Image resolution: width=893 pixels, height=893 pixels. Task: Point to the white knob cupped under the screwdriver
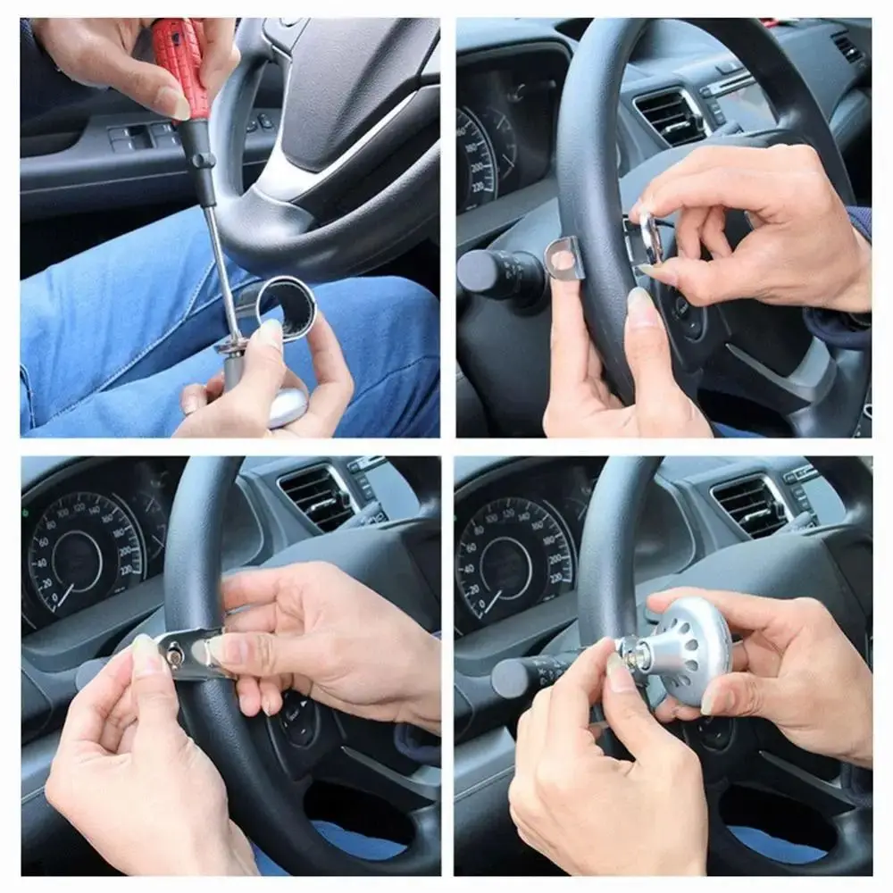(287, 406)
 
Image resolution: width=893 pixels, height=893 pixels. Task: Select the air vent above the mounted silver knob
(750, 505)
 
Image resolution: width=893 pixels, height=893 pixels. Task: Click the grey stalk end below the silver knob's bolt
(513, 678)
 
